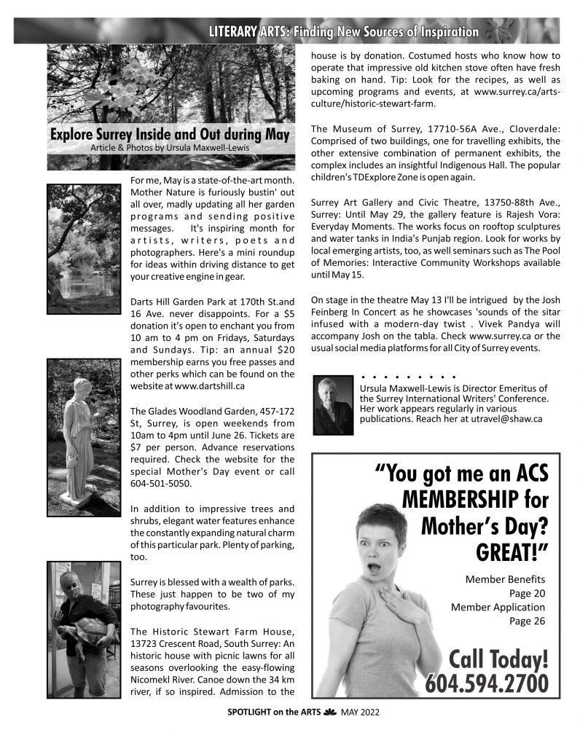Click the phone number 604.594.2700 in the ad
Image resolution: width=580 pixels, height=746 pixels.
(486, 684)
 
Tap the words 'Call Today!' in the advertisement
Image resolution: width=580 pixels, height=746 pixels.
(498, 659)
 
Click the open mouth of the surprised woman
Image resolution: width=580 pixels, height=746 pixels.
(375, 565)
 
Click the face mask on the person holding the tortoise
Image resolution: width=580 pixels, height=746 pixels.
(74, 594)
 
